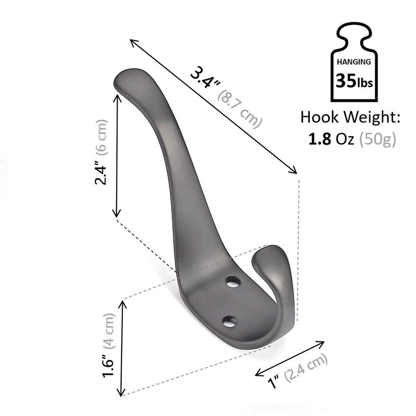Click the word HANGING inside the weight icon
[x=354, y=61]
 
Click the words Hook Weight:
[x=350, y=118]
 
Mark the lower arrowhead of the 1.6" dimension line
[x=122, y=391]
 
